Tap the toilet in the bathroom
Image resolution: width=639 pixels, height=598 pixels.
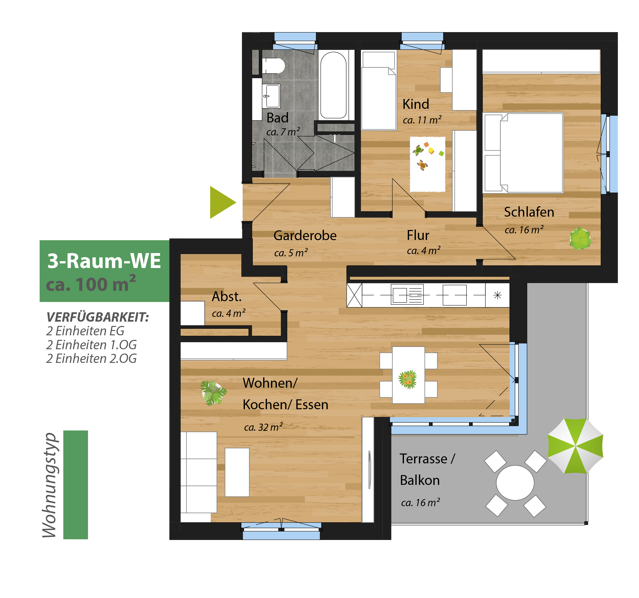click(x=273, y=66)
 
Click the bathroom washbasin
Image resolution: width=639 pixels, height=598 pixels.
click(x=271, y=96)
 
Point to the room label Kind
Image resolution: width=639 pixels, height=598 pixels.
click(x=416, y=104)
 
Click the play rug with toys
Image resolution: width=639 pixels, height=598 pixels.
click(x=428, y=164)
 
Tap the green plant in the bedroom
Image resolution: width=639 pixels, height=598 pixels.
click(x=580, y=239)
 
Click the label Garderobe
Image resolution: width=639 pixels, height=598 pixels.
click(x=305, y=235)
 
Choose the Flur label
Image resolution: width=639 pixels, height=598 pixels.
click(x=418, y=235)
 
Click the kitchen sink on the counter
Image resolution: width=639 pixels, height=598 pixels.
click(x=407, y=295)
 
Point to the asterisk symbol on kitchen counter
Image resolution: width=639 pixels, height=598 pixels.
click(x=498, y=295)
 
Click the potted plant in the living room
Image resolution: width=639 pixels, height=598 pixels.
click(x=213, y=393)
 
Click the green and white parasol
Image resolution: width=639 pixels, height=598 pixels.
click(x=575, y=446)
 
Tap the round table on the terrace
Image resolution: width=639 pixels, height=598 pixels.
click(x=515, y=483)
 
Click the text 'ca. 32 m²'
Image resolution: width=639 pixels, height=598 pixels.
click(x=263, y=427)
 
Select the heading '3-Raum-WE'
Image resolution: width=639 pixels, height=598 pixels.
click(x=104, y=260)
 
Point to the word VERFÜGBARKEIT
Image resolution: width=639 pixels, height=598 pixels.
click(x=98, y=317)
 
